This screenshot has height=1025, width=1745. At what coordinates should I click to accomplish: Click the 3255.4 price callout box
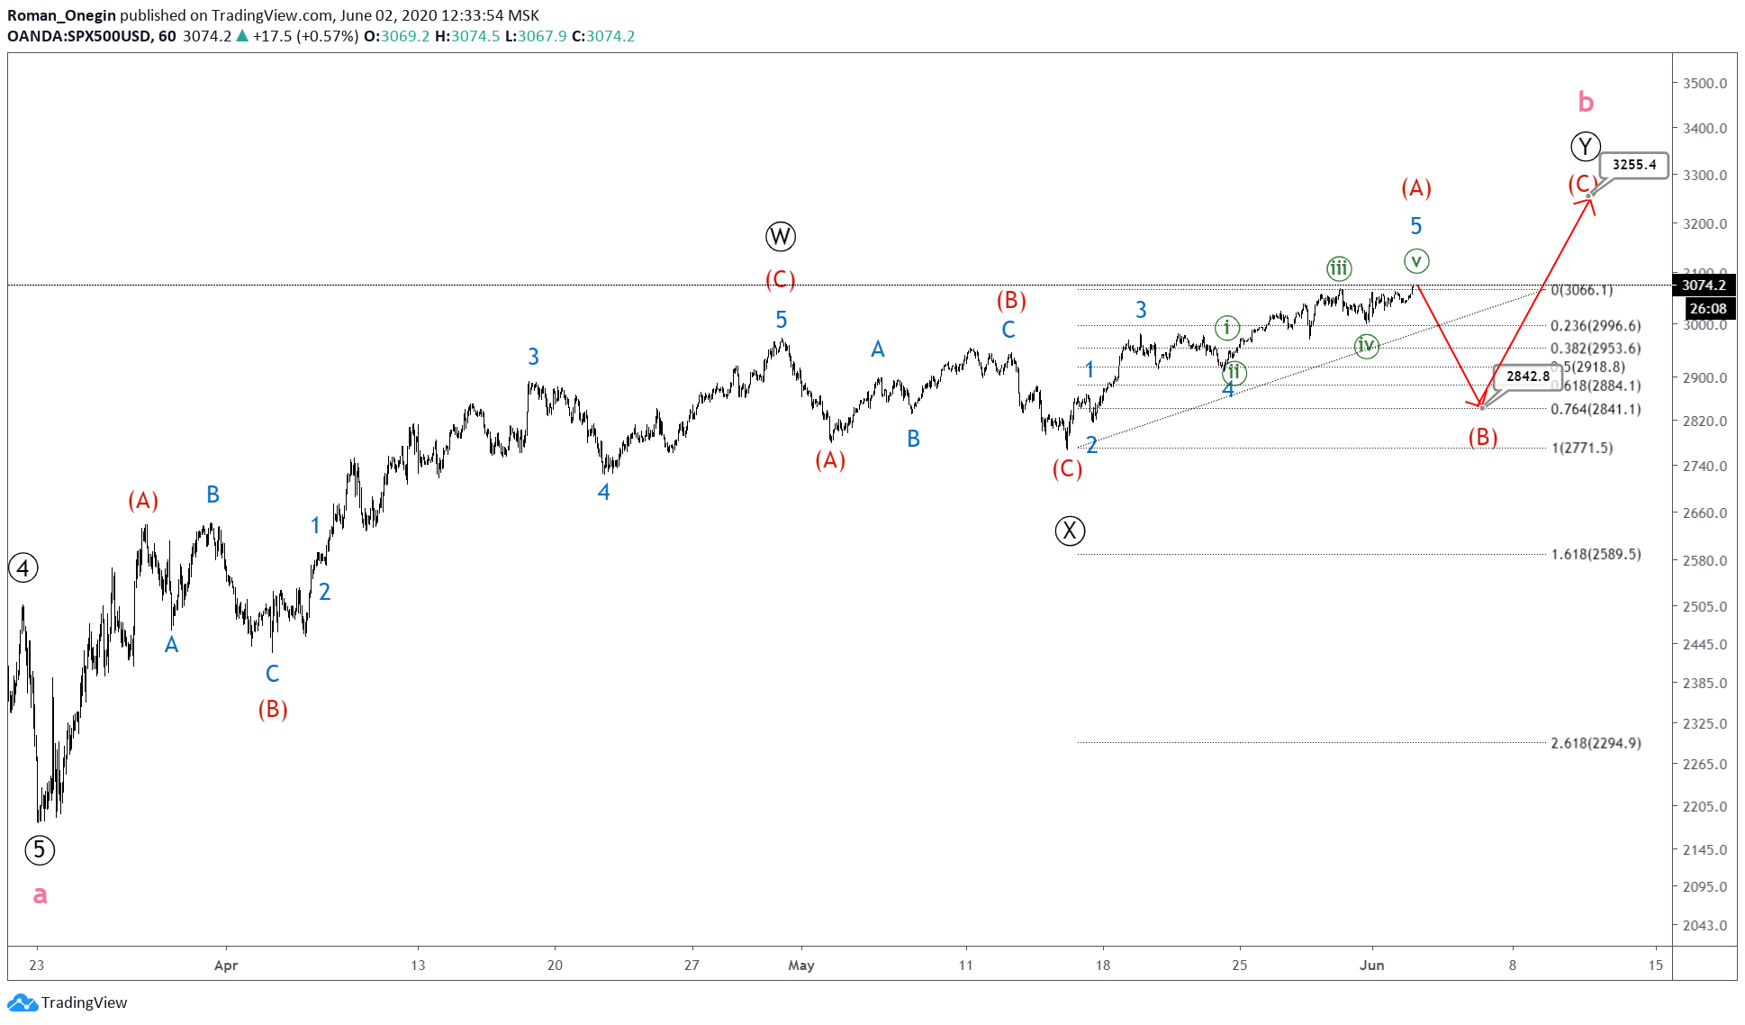(1633, 165)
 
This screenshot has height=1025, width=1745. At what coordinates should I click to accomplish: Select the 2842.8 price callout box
(1528, 376)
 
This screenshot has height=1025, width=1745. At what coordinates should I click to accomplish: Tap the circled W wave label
(780, 237)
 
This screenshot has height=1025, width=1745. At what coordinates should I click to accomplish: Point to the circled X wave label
(1070, 531)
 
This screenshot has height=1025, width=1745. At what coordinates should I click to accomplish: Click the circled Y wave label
(1585, 146)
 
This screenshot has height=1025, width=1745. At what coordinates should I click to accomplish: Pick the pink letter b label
(1586, 103)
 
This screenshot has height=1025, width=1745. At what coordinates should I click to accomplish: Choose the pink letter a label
(40, 894)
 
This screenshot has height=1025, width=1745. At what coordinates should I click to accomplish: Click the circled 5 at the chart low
(39, 849)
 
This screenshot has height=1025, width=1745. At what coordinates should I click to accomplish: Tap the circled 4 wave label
(23, 568)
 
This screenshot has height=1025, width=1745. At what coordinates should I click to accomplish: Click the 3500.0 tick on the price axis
(1704, 83)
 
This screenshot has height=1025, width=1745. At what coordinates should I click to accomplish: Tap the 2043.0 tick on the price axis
(1704, 925)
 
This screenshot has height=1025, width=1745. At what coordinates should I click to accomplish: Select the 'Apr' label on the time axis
(226, 966)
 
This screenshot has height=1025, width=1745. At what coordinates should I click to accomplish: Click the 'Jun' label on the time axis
(1371, 966)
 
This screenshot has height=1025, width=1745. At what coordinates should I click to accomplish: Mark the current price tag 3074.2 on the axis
(1704, 286)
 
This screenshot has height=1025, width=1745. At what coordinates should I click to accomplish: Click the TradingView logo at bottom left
(68, 1002)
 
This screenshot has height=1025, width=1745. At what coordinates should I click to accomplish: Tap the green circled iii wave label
(1339, 268)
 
